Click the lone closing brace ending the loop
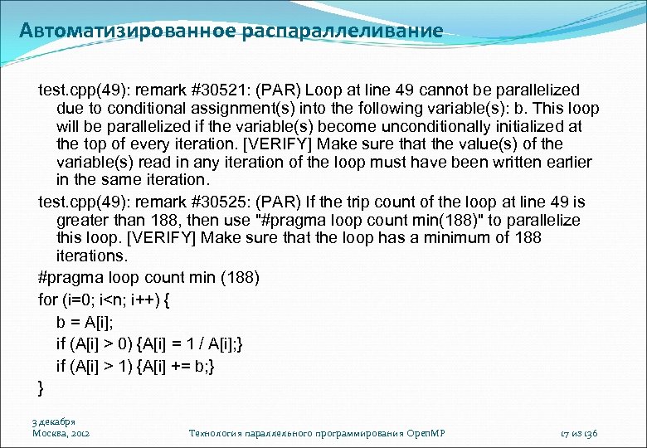41,387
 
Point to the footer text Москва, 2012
61,433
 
